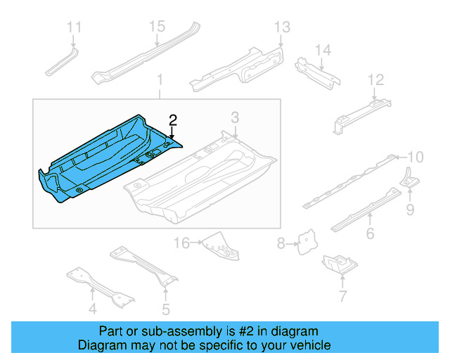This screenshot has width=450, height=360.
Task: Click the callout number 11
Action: (x=74, y=27)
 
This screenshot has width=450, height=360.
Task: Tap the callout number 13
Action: (x=281, y=27)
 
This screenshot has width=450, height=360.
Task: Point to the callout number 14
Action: (x=322, y=50)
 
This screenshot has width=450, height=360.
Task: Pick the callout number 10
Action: (x=416, y=156)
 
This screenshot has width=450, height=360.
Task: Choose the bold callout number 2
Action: (x=172, y=120)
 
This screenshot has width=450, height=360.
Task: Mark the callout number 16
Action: (x=182, y=243)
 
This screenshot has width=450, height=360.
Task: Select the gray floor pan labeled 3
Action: (x=204, y=176)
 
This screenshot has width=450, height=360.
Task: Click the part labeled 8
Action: (x=305, y=243)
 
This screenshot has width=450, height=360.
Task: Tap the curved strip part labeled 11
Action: (x=63, y=61)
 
